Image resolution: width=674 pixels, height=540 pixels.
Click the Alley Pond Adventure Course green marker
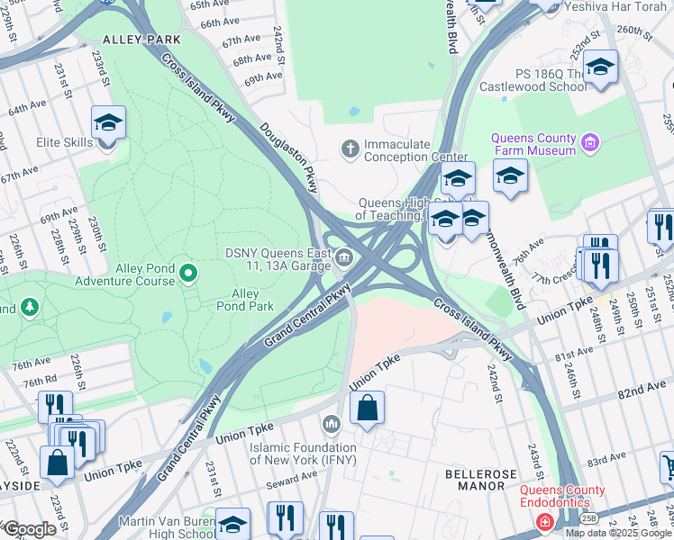pyautogui.click(x=187, y=272)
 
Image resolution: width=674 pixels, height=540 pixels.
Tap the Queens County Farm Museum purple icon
pyautogui.click(x=590, y=141)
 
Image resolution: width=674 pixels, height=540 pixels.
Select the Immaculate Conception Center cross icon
pyautogui.click(x=350, y=148)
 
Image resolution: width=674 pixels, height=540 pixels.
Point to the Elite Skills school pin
pyautogui.click(x=108, y=121)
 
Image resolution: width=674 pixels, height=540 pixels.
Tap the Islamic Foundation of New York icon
pyautogui.click(x=331, y=423)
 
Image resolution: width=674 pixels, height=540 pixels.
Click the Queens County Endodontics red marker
pyautogui.click(x=544, y=522)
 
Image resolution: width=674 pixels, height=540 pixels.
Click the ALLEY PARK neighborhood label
pyautogui.click(x=141, y=40)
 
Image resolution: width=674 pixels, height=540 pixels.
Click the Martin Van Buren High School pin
pyautogui.click(x=233, y=525)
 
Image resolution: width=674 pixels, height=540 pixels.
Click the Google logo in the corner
pyautogui.click(x=30, y=529)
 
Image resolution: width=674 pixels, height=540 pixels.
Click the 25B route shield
pyautogui.click(x=588, y=517)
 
